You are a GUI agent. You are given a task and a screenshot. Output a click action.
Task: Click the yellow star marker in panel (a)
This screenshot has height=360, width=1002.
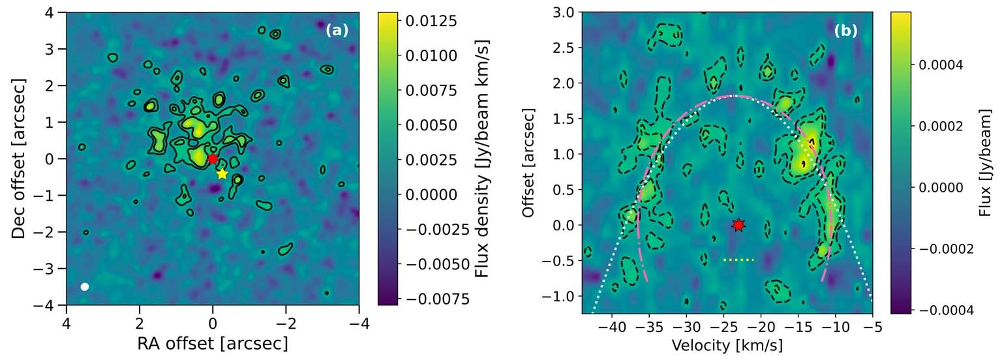click(x=222, y=173)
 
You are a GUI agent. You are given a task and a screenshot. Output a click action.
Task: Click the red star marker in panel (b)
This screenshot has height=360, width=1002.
click(x=738, y=225)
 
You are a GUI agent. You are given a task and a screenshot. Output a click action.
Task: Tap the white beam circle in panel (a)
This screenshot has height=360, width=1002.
click(x=85, y=287)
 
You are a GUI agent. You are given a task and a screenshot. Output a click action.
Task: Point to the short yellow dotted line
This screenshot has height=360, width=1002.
click(x=738, y=260)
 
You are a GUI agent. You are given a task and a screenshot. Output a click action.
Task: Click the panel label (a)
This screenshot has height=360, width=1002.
click(x=337, y=30)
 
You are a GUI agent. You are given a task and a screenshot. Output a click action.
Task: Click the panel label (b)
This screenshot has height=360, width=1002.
click(x=846, y=30)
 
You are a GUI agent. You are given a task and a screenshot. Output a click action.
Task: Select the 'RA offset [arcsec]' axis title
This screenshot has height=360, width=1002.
click(x=212, y=343)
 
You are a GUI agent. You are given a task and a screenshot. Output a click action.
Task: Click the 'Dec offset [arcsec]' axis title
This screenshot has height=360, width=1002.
click(x=19, y=158)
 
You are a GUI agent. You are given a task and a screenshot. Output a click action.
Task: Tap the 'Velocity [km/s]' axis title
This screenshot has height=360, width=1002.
click(x=727, y=344)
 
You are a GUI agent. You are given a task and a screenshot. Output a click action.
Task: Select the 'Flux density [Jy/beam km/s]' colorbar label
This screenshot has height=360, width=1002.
click(x=482, y=158)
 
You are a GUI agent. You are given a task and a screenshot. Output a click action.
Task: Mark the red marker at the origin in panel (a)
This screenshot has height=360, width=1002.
click(x=213, y=158)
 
